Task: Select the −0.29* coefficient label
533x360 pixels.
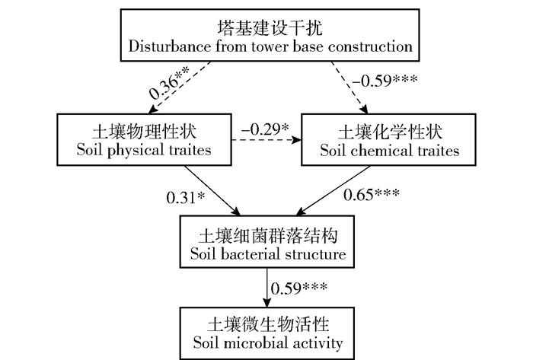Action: click(264, 130)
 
